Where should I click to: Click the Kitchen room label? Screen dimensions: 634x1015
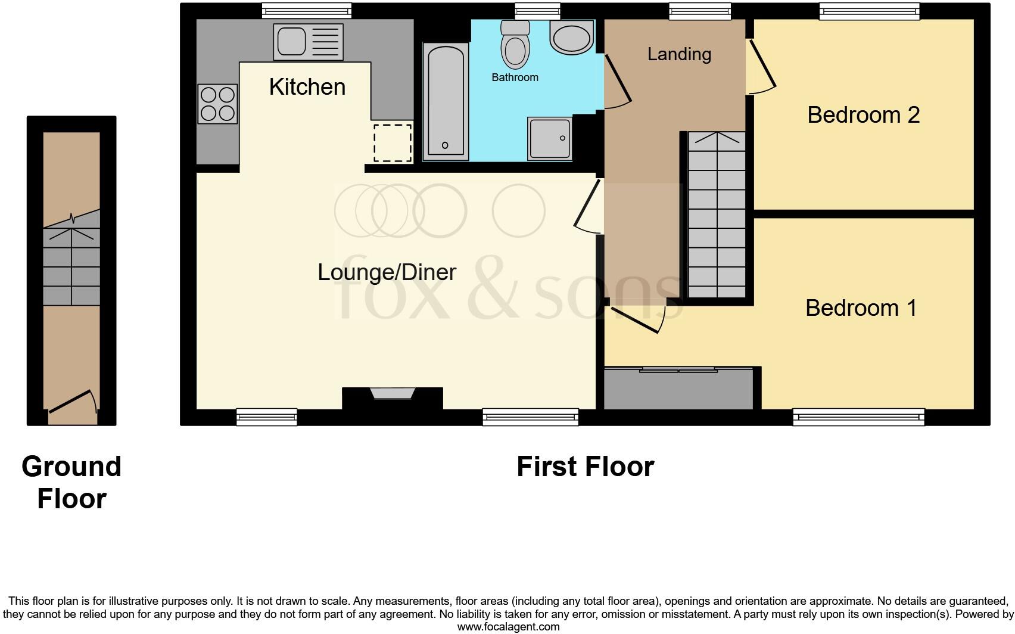(x=307, y=87)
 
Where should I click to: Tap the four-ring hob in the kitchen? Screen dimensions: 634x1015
(x=217, y=104)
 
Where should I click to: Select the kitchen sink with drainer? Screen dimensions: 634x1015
(x=308, y=42)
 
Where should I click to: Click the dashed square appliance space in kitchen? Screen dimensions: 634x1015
(x=393, y=143)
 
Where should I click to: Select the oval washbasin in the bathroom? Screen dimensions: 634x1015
(x=571, y=38)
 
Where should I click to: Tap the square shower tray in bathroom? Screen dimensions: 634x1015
(x=549, y=138)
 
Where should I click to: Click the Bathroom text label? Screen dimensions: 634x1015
(x=515, y=77)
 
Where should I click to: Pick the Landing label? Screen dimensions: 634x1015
(x=679, y=54)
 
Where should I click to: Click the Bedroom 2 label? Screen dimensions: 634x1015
(x=863, y=114)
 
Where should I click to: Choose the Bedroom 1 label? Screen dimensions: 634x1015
(x=861, y=308)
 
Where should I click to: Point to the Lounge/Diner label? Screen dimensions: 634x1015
(x=387, y=272)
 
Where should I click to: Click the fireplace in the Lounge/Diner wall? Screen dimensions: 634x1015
(x=392, y=394)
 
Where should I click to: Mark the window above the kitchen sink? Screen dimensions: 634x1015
(x=307, y=11)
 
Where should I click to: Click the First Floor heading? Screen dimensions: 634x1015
(x=585, y=467)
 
